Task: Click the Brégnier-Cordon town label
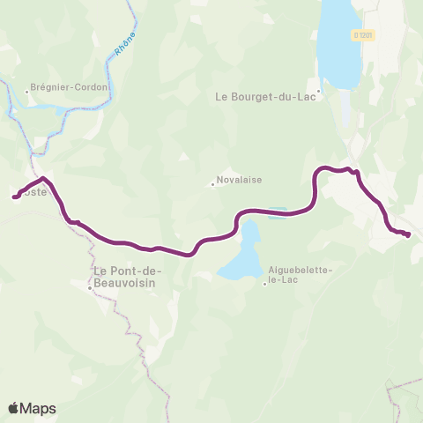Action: (70, 87)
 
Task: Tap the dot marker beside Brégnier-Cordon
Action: (27, 88)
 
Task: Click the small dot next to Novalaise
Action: (212, 185)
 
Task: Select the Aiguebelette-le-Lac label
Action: (299, 276)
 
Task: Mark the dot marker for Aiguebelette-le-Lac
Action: (264, 283)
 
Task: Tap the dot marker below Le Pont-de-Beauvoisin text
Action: (90, 287)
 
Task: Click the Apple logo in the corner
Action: (14, 408)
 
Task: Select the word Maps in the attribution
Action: (39, 408)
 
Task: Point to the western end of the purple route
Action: (14, 197)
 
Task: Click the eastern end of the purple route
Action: (409, 234)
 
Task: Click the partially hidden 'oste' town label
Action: (32, 189)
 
